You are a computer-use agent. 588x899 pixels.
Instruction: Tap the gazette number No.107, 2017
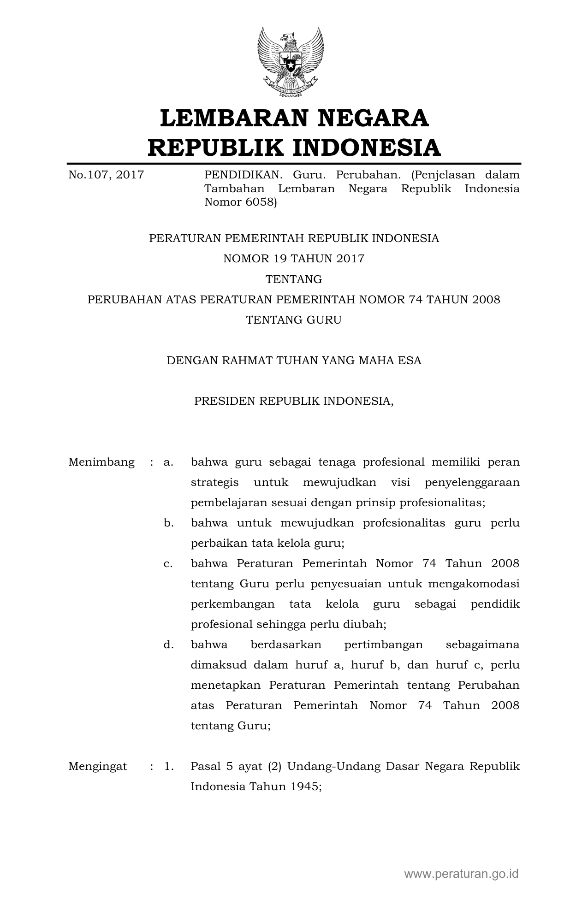coord(106,175)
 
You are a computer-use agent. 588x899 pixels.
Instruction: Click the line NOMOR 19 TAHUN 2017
coord(294,259)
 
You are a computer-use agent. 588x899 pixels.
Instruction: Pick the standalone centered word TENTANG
coord(294,279)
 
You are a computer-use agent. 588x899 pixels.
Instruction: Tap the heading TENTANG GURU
coord(294,319)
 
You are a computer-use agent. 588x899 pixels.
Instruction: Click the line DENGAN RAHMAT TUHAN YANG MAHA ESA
coord(294,360)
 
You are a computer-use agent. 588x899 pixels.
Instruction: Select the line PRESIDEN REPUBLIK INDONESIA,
coord(294,401)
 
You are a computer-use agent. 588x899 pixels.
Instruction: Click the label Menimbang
coord(101,462)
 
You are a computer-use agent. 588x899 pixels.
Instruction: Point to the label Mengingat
coord(98,766)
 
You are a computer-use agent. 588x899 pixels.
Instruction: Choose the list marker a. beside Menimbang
coord(168,462)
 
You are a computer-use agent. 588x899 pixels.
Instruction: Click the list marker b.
coord(168,523)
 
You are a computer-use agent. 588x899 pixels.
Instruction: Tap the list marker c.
coord(168,563)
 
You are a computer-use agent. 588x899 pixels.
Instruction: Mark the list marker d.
coord(168,645)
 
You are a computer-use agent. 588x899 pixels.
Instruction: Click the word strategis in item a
coord(215,483)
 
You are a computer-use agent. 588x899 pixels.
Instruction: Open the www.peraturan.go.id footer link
coord(461,874)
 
